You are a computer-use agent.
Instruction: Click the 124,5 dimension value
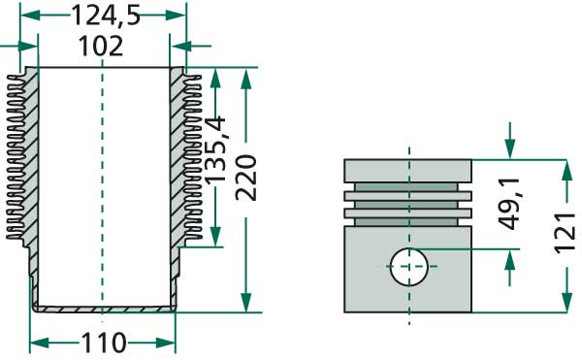pyautogui.click(x=103, y=16)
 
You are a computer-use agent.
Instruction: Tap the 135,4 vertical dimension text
pyautogui.click(x=217, y=151)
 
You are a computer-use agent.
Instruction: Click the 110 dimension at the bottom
pyautogui.click(x=104, y=343)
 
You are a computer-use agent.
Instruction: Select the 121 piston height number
pyautogui.click(x=568, y=234)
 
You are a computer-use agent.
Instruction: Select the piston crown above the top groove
pyautogui.click(x=408, y=169)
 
